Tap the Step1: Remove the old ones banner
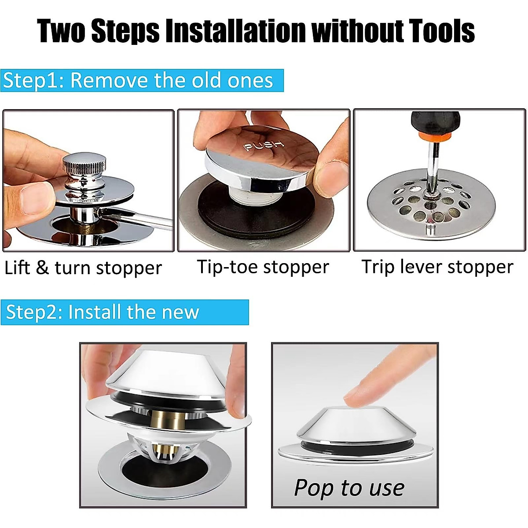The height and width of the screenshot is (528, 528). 142,81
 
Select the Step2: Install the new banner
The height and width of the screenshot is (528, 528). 125,312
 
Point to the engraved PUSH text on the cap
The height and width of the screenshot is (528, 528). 264,145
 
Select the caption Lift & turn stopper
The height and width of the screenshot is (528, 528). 83,268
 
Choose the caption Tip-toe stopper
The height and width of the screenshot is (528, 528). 263,267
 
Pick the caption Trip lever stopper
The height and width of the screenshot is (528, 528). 437,267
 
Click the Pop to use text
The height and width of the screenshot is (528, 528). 349,488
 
